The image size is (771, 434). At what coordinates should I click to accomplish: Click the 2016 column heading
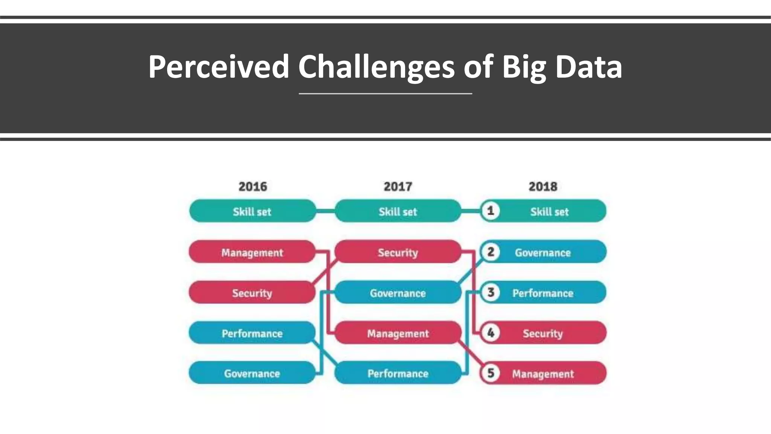coord(253,186)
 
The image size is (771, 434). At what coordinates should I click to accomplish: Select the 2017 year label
coord(398,186)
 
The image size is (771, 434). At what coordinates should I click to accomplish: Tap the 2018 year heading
coord(543,186)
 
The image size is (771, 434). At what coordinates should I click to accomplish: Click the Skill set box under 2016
coord(252,211)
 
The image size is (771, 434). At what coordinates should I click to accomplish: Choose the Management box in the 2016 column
coord(252,252)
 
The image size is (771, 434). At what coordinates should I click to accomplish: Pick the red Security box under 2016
coord(252,293)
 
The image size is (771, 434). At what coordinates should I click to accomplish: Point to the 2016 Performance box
coord(252,333)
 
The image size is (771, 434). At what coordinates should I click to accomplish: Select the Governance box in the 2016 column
coord(252,373)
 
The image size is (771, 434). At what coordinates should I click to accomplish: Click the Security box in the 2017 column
coord(398,252)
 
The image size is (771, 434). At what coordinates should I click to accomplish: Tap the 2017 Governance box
coord(398,293)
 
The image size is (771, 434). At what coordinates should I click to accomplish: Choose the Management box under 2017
coord(398,333)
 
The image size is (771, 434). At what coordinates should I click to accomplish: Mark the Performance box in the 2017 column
coord(398,373)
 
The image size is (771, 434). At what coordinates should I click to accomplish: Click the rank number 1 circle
coord(491,211)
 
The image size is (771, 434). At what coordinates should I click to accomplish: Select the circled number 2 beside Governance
coord(491,252)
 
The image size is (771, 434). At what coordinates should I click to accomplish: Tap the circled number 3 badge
coord(491,292)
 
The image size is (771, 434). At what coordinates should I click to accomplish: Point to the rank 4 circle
coord(491,333)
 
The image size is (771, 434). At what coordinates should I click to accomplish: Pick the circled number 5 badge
coord(491,373)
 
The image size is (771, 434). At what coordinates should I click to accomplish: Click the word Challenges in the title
coord(376,67)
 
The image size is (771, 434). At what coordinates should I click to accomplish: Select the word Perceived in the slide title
coord(218,67)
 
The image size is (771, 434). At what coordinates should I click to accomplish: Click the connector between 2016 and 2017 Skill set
coord(325,211)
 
